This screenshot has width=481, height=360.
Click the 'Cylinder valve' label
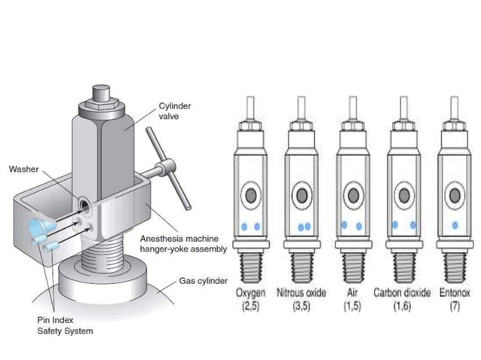pos(174,111)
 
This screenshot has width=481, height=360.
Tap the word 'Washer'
pos(23,169)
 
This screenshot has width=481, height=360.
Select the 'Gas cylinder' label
pos(203,281)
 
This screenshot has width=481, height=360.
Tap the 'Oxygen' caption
pos(251,292)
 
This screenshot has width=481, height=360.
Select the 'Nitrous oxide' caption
pos(302,292)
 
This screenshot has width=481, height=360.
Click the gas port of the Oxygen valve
pos(251,195)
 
